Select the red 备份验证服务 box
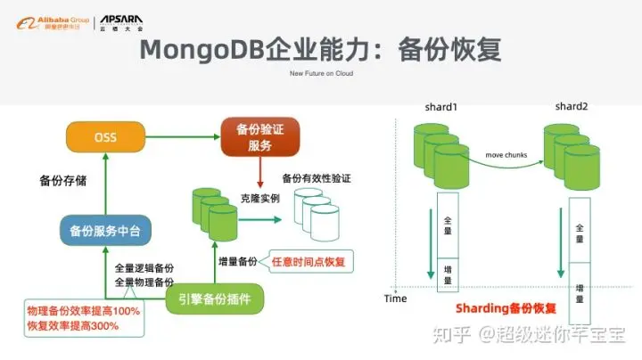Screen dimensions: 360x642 coord(259,137)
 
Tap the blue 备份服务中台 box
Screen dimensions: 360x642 coord(105,231)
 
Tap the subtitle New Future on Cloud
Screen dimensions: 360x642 coord(322,74)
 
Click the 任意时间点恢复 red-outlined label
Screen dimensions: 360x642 coord(308,262)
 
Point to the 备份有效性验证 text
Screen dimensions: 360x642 coord(316,178)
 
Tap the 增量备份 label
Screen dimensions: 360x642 coord(237,262)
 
